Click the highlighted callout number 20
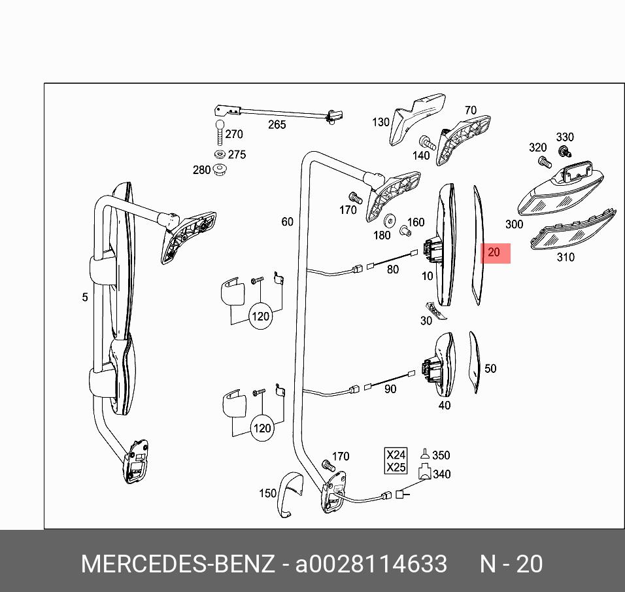494,252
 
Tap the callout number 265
277,124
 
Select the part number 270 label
233,134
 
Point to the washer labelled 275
220,154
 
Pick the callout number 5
85,298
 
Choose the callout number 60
288,222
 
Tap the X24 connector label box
396,455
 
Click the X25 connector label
396,467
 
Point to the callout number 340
442,474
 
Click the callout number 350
441,455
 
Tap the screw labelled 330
562,151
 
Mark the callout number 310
566,257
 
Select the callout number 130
380,122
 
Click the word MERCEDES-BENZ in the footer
177,564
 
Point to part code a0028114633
371,564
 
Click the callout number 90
390,389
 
